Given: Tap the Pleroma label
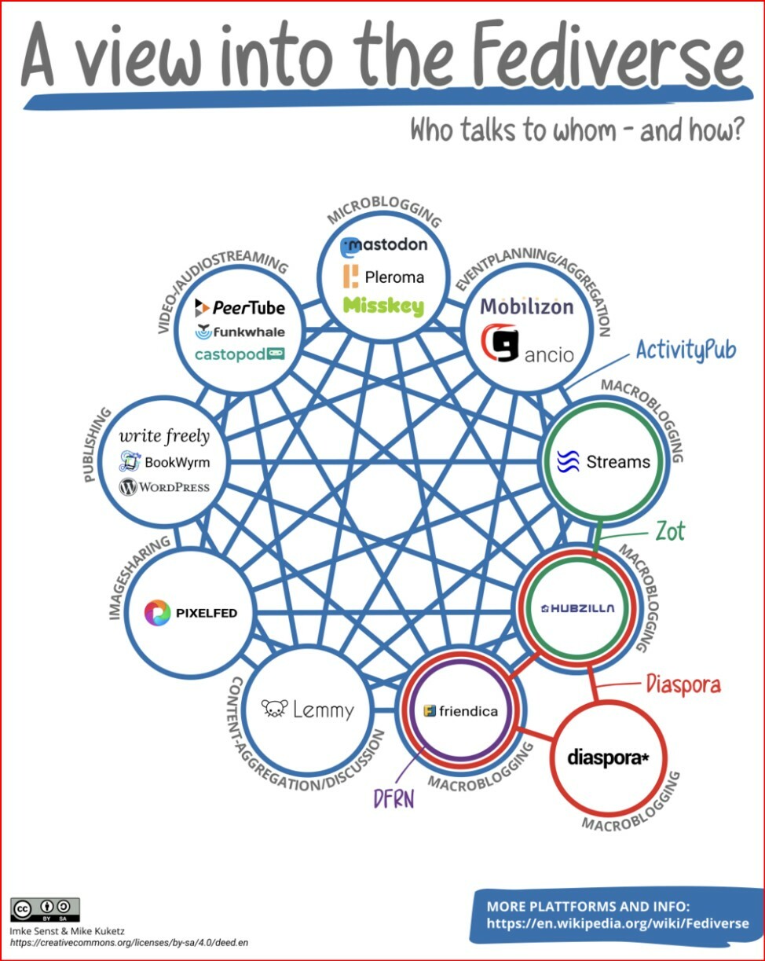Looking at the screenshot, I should (393, 277).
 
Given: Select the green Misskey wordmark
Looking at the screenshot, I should (383, 306).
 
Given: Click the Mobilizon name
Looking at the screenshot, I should (527, 306).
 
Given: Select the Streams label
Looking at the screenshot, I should (618, 461).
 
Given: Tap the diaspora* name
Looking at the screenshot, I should (609, 759).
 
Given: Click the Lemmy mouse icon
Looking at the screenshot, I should (274, 710).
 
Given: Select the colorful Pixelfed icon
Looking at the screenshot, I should (157, 612).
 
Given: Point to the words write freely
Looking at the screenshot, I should (164, 435).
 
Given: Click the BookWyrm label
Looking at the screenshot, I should (177, 461).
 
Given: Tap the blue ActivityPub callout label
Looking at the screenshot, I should (686, 349).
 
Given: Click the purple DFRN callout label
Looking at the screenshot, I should (393, 798).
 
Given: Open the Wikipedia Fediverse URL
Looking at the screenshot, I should (617, 923).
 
